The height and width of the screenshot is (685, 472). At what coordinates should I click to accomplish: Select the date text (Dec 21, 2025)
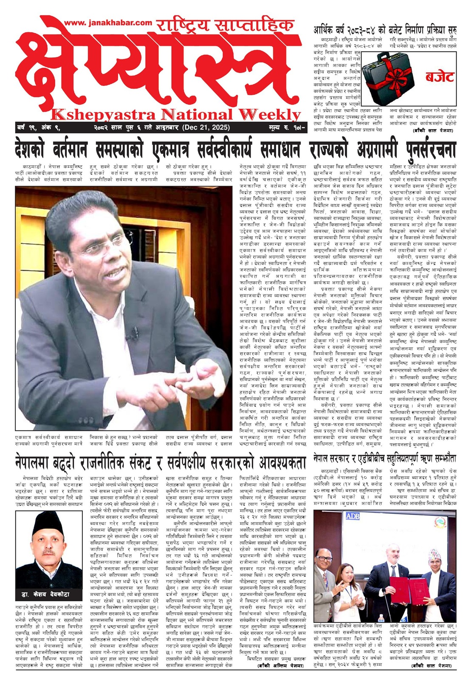pyautogui.click(x=206, y=127)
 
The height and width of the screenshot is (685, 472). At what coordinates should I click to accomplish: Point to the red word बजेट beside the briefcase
pyautogui.click(x=439, y=77)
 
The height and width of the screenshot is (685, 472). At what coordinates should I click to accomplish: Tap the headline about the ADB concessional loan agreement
pyautogui.click(x=384, y=459)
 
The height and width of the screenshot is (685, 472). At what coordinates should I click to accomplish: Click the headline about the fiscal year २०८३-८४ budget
pyautogui.click(x=385, y=31)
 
